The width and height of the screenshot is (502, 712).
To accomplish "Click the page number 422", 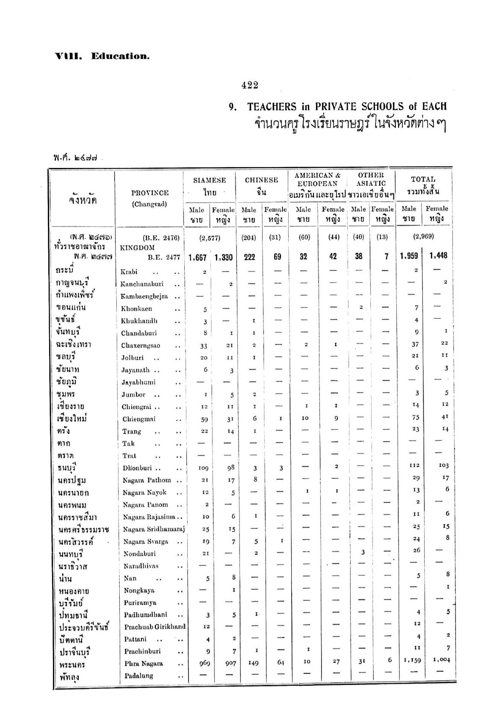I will tap(250, 85).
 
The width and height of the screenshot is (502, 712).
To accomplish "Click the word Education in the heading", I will tap(120, 56).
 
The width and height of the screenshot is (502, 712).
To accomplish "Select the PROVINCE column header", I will tap(150, 193).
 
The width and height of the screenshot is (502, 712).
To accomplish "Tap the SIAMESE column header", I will tap(210, 180).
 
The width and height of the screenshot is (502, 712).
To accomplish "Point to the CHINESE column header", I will tap(261, 180).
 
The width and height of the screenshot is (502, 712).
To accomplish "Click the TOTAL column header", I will tap(423, 179).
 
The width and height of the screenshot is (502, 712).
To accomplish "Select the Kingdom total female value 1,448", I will tap(436, 256).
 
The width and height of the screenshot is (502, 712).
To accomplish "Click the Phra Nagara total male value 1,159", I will tap(413, 660).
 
